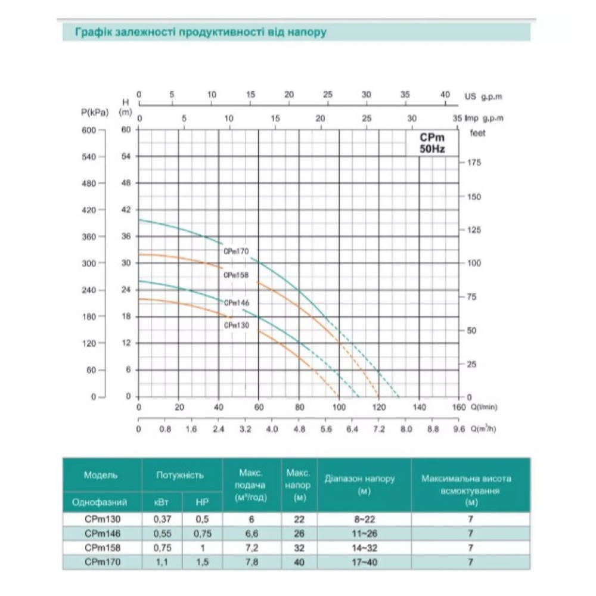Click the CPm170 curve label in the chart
[x=236, y=252]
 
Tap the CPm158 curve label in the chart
[x=236, y=275]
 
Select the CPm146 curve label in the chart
[x=237, y=303]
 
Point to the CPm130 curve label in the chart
[x=237, y=325]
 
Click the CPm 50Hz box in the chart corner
[x=432, y=143]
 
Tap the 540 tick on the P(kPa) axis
[x=89, y=157]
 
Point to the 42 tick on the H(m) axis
[x=126, y=209]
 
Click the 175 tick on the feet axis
[x=474, y=163]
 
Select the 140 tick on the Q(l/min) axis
[x=419, y=407]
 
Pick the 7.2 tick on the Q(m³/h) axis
[x=379, y=429]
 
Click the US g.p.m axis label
[x=483, y=97]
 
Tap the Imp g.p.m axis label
[x=484, y=118]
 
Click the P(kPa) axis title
[x=95, y=113]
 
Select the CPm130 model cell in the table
[x=103, y=519]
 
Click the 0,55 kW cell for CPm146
[x=162, y=533]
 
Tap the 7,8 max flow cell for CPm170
[x=252, y=562]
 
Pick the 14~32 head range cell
[x=364, y=548]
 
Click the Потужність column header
[x=180, y=475]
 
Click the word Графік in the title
[x=94, y=32]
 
